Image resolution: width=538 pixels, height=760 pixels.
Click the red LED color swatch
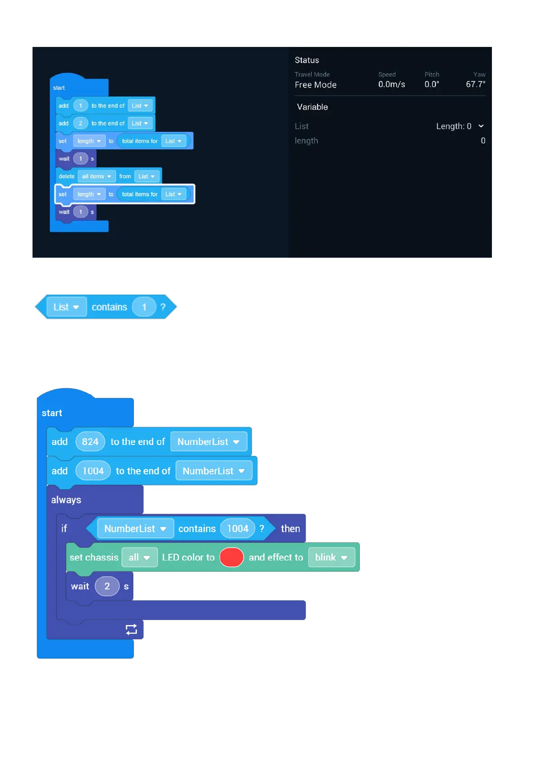point(231,557)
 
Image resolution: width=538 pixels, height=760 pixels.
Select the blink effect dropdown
point(331,557)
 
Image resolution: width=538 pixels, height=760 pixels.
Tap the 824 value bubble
point(90,442)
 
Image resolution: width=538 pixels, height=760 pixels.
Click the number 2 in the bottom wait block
point(107,586)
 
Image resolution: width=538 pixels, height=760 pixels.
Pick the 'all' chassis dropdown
point(139,557)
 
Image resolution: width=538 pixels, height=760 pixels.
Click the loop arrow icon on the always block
point(131,630)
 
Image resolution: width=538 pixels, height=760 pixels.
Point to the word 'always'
point(66,500)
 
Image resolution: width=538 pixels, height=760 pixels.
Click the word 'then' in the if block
point(290,528)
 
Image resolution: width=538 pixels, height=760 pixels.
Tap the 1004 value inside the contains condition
point(238,528)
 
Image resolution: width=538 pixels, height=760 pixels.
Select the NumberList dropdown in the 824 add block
point(208,442)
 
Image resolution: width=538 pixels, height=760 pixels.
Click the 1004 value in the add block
point(93,471)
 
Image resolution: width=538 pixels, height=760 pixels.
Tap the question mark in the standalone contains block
point(163,307)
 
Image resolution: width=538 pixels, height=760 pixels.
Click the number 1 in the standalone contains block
point(144,307)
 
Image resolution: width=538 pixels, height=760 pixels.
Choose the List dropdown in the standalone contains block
point(66,307)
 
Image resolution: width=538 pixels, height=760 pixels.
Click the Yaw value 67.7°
point(475,84)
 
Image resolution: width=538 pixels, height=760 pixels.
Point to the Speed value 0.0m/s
point(392,84)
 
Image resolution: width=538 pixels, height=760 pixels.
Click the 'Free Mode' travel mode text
point(315,85)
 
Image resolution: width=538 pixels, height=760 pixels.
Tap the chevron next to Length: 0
point(481,126)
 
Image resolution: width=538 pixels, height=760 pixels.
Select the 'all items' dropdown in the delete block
point(97,176)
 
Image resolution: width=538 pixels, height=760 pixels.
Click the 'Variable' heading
point(312,107)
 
